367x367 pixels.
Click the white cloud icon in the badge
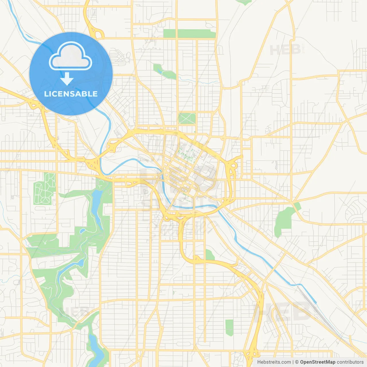(71, 56)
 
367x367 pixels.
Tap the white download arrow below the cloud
(67, 79)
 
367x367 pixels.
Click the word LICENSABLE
(71, 94)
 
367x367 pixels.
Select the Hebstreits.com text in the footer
(274, 362)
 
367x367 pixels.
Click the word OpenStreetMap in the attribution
(317, 362)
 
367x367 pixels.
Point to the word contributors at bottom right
(350, 362)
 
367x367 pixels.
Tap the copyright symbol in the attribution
(297, 362)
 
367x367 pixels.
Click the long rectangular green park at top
(189, 34)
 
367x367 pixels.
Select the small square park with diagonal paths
(187, 118)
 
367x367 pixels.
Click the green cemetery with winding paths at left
(44, 188)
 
